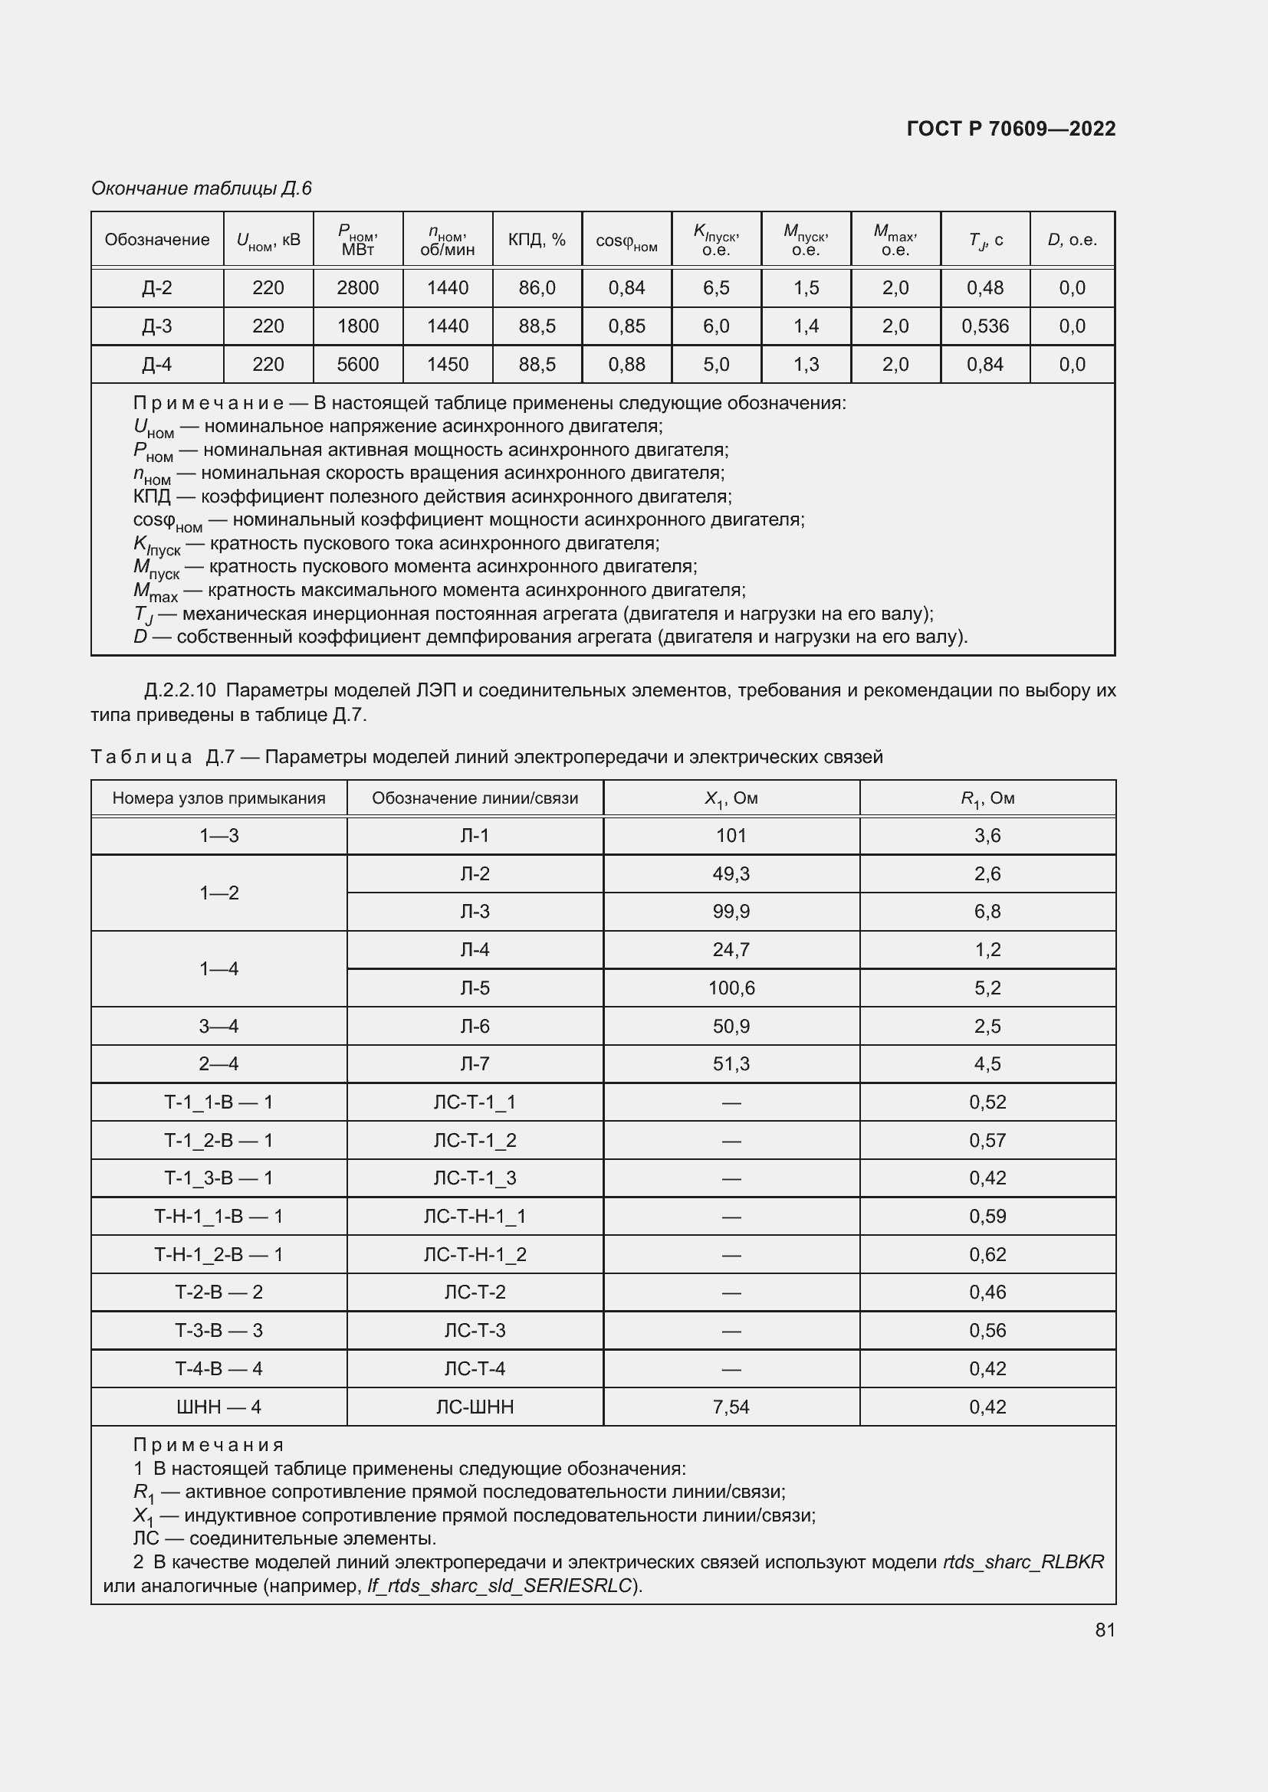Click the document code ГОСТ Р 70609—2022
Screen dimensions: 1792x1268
1010,129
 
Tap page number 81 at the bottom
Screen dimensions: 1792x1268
1105,1630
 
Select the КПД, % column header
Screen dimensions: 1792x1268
537,240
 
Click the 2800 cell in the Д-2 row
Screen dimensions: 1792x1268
357,288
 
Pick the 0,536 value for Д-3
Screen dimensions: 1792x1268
984,326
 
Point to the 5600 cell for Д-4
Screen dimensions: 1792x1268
357,365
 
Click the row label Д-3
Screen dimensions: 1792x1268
157,326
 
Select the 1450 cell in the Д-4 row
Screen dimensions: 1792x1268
448,365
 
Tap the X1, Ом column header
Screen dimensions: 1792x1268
731,798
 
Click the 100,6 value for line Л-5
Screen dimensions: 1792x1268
731,988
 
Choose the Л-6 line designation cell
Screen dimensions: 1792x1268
475,1027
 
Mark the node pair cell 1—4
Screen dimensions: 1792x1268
218,968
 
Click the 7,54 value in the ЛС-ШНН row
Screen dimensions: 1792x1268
731,1407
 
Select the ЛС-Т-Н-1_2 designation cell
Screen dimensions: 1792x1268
475,1255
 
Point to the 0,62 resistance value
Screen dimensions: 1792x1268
987,1255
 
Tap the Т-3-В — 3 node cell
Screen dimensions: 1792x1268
218,1331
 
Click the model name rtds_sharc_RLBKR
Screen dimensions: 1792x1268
1023,1561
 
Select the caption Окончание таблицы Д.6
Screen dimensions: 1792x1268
202,188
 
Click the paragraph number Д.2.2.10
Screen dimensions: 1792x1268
180,691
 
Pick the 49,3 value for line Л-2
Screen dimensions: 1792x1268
731,874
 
